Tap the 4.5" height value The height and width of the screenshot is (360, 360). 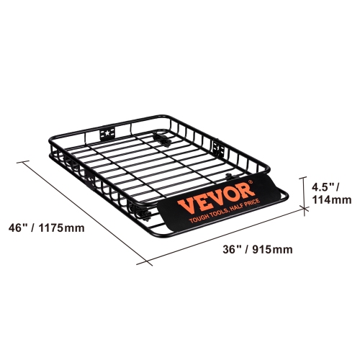(x=323, y=186)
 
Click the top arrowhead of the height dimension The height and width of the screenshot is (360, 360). (x=303, y=179)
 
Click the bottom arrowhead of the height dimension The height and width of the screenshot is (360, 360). (x=303, y=207)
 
